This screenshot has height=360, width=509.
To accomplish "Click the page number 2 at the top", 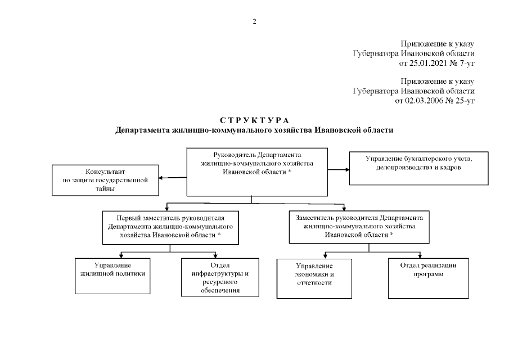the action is (254, 22).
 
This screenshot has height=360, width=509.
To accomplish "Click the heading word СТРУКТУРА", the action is (254, 120).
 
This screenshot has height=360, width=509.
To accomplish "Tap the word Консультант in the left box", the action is (105, 172).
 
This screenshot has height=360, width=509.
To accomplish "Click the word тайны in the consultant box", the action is (105, 188).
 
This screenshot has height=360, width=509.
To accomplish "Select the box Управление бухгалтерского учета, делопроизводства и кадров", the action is (419, 168).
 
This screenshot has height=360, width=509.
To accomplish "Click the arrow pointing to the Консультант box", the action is (173, 178).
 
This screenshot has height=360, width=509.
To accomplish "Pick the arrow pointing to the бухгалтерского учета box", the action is (339, 169).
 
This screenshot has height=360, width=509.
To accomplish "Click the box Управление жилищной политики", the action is (112, 276).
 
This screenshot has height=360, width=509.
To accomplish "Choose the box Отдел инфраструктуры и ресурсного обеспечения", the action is (220, 277).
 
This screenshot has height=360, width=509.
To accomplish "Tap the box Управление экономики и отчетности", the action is (314, 278).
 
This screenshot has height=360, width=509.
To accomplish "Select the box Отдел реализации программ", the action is (429, 278).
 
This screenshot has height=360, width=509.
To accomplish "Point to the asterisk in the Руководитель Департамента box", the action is (290, 171).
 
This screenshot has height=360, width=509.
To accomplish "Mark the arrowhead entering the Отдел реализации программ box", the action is (420, 256).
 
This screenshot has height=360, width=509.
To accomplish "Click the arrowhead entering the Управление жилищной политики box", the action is (121, 256).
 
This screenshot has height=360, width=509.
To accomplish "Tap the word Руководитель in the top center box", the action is (235, 155).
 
